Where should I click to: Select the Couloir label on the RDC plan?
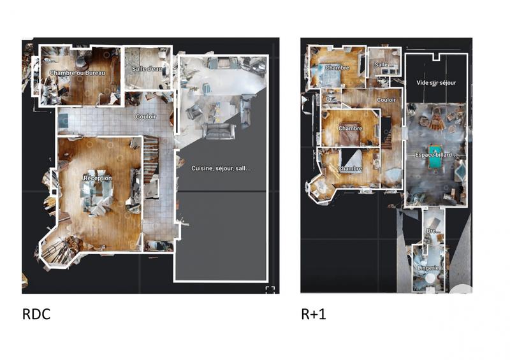tap(146, 117)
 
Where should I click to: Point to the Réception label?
tap(98, 178)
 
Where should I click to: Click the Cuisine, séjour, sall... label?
tap(221, 168)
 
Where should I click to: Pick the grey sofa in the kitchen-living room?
tap(218, 131)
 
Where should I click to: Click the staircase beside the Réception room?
tap(151, 159)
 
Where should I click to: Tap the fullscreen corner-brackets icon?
tap(270, 290)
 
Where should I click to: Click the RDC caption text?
tap(36, 314)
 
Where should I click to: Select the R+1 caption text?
tap(313, 314)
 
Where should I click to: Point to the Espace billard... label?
tap(436, 155)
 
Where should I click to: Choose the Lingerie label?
tap(428, 268)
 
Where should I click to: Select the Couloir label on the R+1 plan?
tap(386, 100)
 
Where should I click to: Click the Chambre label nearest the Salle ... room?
tap(337, 68)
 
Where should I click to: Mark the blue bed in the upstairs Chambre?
tap(331, 78)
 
